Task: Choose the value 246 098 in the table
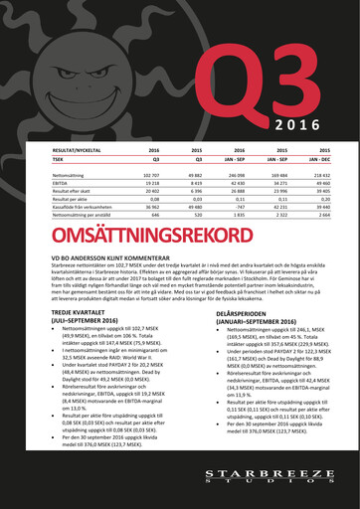click(226, 174)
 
